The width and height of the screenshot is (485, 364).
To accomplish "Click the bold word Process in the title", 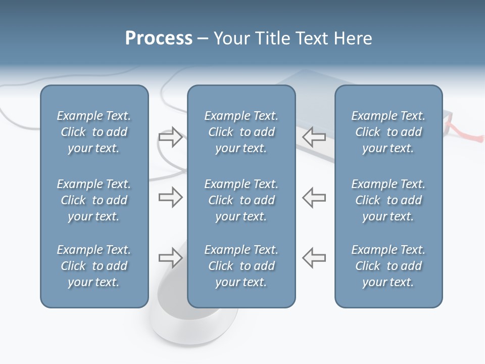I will coord(159,38).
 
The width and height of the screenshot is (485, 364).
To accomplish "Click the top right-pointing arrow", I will coord(170,136).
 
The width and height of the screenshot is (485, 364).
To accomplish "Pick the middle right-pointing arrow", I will coord(170,197).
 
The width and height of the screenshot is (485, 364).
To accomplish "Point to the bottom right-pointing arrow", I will coord(170,258).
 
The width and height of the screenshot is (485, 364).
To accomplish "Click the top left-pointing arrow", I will coord(314,136).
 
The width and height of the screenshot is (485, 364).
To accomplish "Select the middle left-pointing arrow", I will coord(314,197).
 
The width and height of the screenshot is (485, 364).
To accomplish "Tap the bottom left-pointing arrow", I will coord(314,258).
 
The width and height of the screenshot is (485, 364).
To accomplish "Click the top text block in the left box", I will coord(94,132).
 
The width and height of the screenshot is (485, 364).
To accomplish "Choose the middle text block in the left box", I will coord(94,200).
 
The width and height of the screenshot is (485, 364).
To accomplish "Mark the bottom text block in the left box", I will coord(94,266).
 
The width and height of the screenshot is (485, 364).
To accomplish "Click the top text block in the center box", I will coord(241,132).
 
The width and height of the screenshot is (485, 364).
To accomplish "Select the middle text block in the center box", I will coord(241,200).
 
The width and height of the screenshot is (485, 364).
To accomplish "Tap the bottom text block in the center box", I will coord(241,266).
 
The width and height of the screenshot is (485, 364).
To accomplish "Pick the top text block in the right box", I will coord(389,132).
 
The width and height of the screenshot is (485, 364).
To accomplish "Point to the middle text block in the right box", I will coord(389,200).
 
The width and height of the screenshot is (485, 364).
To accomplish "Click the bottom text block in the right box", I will coord(389,266).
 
